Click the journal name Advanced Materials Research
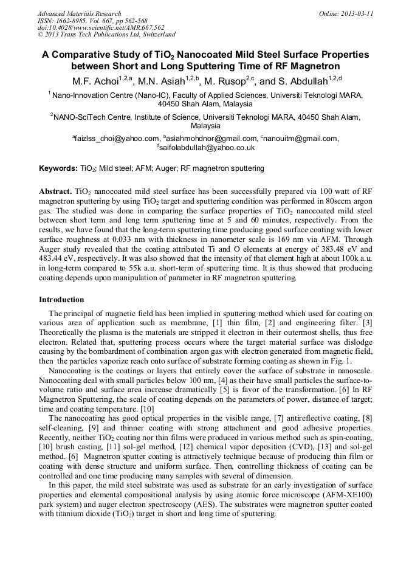coord(79,13)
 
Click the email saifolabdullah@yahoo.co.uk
coord(207,148)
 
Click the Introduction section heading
coord(61,300)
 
